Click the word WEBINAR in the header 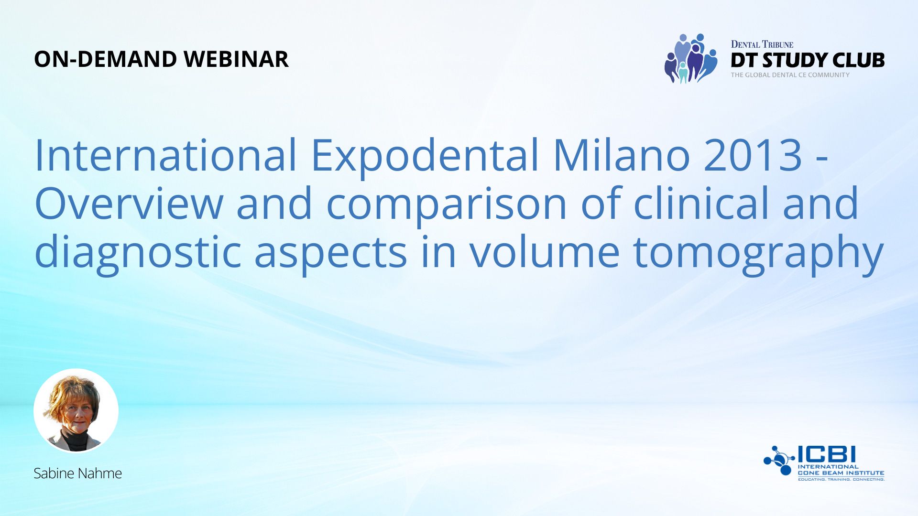236,59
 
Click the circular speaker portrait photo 76,411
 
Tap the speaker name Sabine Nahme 77,473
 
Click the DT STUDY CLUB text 808,60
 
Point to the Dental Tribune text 762,44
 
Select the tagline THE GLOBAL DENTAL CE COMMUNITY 790,75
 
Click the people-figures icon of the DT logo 691,58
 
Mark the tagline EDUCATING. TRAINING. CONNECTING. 841,479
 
